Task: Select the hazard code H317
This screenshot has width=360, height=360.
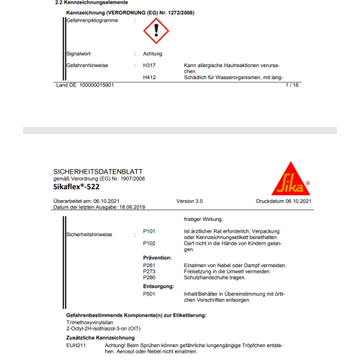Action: point(150,66)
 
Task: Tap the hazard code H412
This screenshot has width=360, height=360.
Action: point(150,77)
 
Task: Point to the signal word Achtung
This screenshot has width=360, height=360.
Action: point(153,54)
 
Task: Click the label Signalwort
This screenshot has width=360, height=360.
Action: point(78,54)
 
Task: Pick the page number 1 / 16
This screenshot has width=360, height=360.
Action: point(292,86)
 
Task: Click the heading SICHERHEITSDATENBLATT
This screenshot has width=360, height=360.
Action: point(91,171)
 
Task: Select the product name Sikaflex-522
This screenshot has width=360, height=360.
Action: point(78,186)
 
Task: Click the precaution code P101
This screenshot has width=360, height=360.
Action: point(150,230)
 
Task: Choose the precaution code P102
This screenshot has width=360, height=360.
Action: point(150,243)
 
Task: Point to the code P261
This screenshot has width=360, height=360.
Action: point(150,265)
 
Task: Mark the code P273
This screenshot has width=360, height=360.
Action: point(150,271)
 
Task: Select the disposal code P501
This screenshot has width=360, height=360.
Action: point(150,294)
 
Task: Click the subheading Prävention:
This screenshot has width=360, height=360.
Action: point(158,258)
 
